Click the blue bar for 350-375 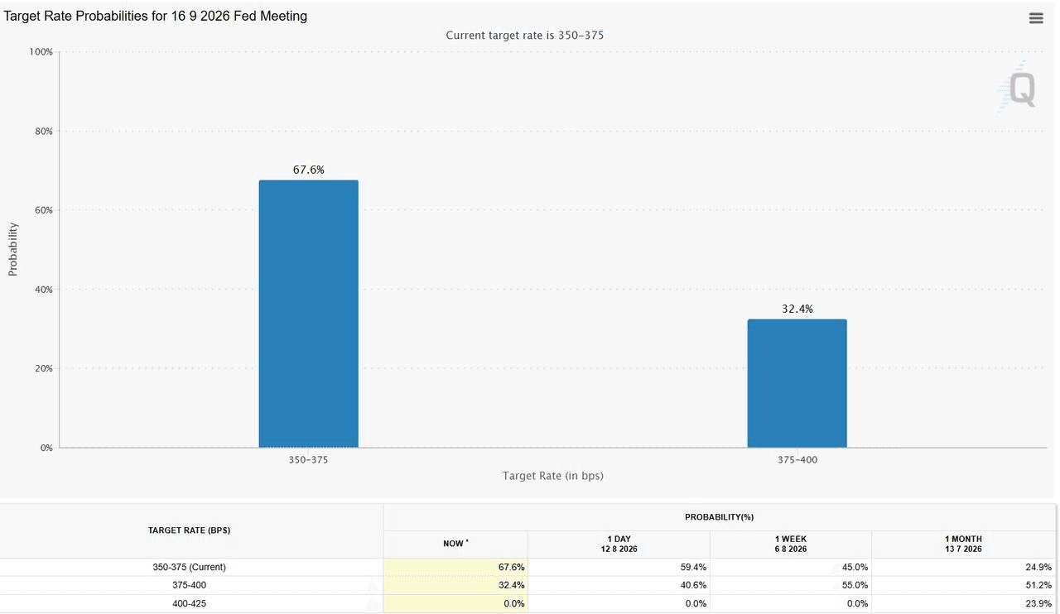click(309, 314)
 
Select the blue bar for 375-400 click(797, 383)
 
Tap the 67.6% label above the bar click(309, 170)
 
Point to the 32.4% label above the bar click(797, 309)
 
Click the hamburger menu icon click(1036, 18)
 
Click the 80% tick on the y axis click(44, 132)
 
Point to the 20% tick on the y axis click(44, 368)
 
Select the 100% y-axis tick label click(41, 52)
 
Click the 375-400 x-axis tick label click(797, 460)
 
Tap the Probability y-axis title click(12, 249)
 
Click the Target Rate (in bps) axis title click(552, 476)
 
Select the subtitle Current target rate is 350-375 click(525, 36)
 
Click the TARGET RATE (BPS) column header click(190, 530)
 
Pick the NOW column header click(455, 544)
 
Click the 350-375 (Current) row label click(190, 567)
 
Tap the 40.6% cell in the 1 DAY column click(693, 585)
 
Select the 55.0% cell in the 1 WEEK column click(855, 585)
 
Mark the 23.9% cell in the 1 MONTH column click(1038, 603)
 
